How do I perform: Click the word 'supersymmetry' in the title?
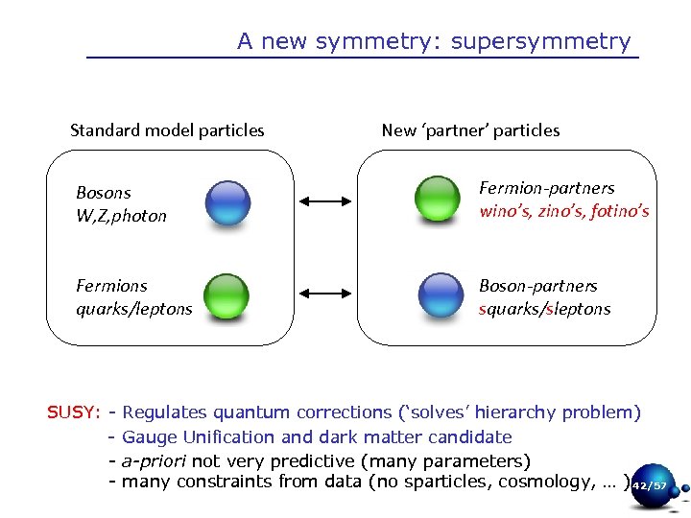540,42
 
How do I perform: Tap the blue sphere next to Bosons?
227,202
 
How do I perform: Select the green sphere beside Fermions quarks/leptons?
226,296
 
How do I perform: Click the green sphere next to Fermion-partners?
437,199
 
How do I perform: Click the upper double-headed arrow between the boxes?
326,201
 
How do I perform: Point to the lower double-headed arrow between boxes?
326,296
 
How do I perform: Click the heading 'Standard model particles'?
167,130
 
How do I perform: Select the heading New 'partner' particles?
470,130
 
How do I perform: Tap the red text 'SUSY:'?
74,413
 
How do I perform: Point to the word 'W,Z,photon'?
121,216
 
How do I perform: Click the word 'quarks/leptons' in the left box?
133,309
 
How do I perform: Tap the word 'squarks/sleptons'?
544,309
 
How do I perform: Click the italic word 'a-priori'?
157,460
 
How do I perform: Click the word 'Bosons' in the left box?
103,193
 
